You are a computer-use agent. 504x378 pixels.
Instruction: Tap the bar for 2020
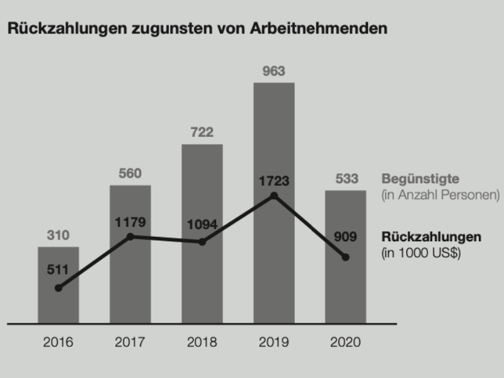(x=345, y=290)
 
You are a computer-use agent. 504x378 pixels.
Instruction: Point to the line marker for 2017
(x=130, y=236)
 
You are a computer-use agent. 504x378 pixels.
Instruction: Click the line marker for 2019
(x=274, y=196)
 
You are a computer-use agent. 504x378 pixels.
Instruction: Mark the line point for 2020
(x=345, y=256)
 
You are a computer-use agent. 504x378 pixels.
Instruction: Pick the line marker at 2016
(x=59, y=288)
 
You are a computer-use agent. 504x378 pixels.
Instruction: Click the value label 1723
(x=273, y=181)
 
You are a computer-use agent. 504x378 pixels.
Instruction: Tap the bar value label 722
(x=202, y=132)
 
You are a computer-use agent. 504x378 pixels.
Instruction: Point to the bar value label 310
(x=59, y=236)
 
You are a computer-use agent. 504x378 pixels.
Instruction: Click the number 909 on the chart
(x=345, y=238)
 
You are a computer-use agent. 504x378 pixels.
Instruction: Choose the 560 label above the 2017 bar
(x=130, y=173)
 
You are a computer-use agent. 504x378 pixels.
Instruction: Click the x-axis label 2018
(x=202, y=343)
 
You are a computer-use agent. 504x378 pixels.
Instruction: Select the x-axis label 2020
(x=345, y=343)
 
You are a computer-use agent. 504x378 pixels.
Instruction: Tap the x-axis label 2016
(x=59, y=343)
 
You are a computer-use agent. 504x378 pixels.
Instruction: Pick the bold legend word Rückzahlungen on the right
(x=432, y=238)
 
